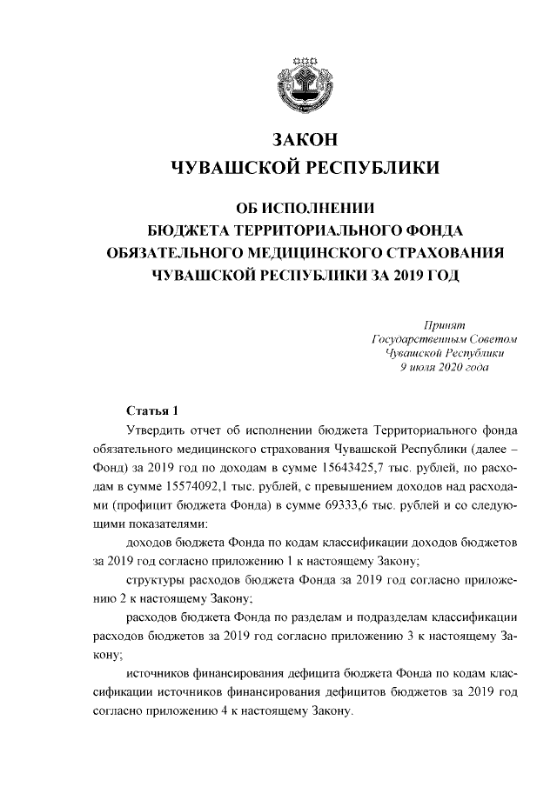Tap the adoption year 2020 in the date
(x=447, y=368)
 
